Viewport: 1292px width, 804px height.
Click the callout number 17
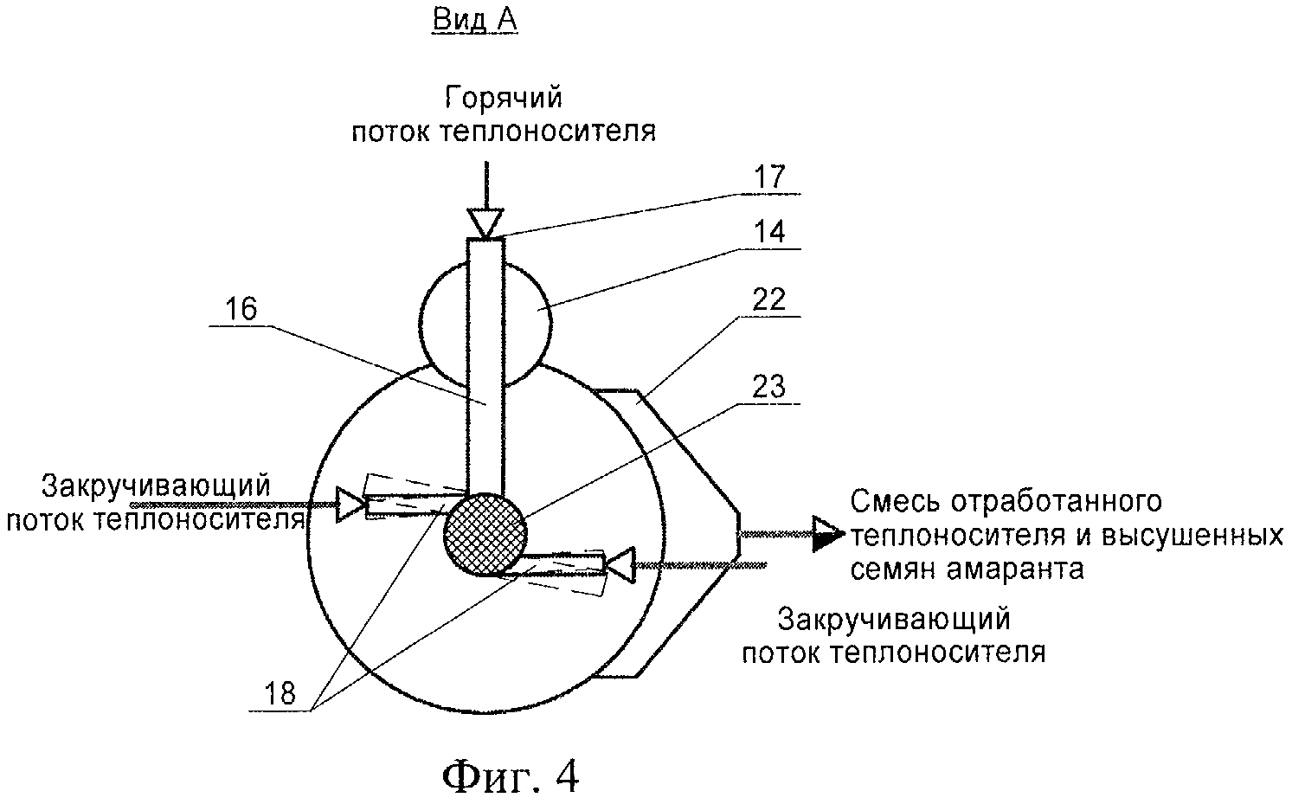point(768,177)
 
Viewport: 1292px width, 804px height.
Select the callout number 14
point(768,233)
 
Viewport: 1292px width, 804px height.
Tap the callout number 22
point(768,300)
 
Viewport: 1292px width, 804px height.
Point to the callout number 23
point(768,386)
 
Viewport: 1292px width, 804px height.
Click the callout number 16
point(242,310)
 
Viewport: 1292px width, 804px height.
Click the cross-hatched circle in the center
point(484,534)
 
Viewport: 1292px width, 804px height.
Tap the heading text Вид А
point(474,20)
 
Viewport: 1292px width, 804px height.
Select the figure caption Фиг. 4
point(511,776)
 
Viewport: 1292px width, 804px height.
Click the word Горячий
point(504,98)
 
